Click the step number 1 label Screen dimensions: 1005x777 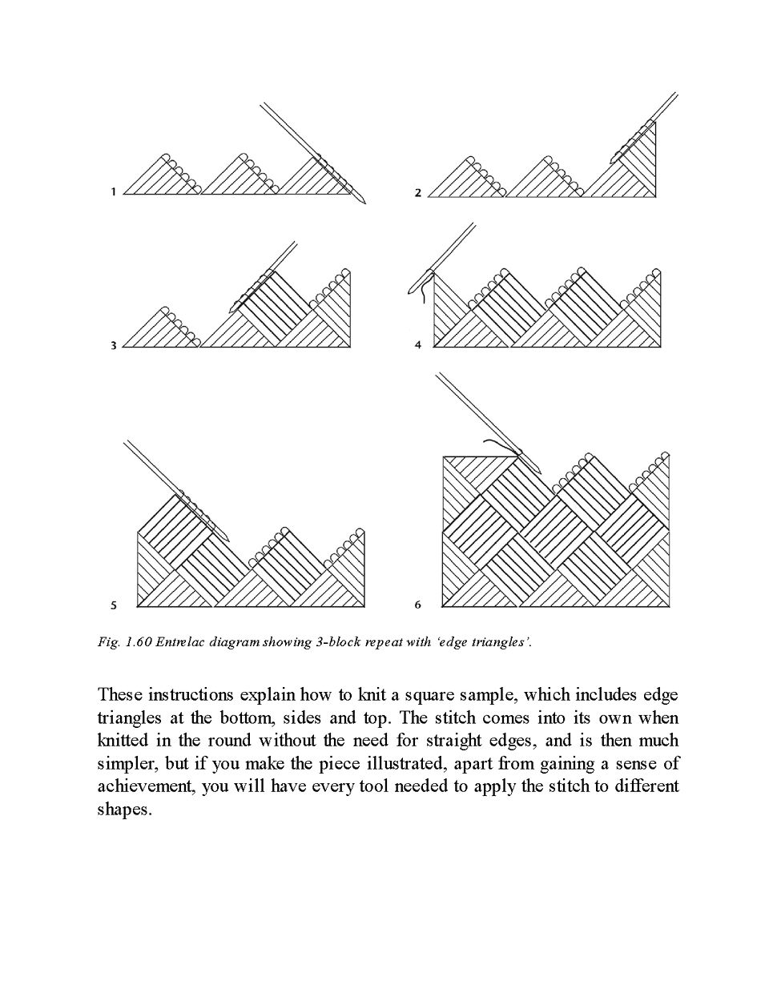pyautogui.click(x=114, y=191)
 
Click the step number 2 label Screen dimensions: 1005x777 pyautogui.click(x=418, y=192)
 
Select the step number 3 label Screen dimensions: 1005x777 pyautogui.click(x=114, y=345)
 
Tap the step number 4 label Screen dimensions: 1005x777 pyautogui.click(x=418, y=345)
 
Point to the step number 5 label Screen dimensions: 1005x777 pyautogui.click(x=114, y=605)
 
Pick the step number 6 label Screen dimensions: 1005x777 pyautogui.click(x=418, y=605)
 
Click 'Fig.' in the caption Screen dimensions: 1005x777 pyautogui.click(x=108, y=642)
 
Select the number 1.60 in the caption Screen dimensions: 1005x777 pyautogui.click(x=139, y=642)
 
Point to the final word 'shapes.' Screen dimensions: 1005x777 pyautogui.click(x=124, y=810)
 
